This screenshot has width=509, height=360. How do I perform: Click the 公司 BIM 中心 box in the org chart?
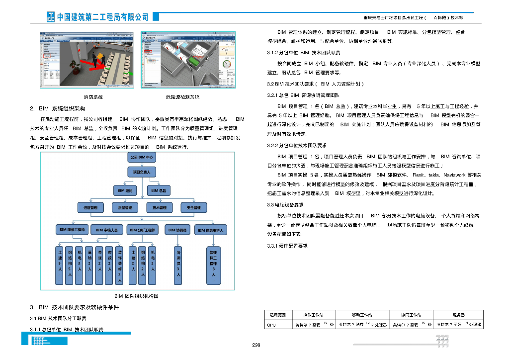142,157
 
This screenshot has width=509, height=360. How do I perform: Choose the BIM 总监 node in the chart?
159,190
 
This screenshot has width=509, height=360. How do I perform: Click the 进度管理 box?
90,207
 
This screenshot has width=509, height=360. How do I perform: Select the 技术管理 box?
159,207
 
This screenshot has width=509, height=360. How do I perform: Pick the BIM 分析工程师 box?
142,230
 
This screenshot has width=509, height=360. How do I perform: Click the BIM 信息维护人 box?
213,230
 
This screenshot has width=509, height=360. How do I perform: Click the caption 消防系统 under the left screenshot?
93,97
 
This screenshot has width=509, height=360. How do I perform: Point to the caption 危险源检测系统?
182,97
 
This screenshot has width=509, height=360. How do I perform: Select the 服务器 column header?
458,315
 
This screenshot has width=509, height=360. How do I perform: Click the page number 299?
256,345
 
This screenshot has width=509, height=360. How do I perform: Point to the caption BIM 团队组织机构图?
136,296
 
